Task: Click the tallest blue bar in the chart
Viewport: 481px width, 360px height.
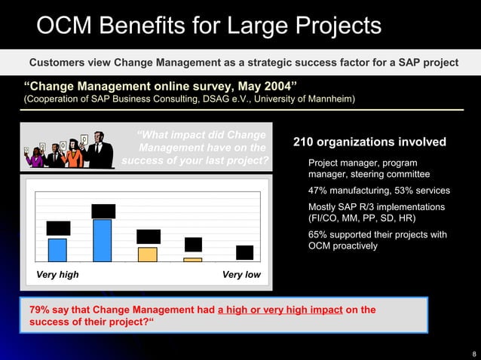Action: tap(102, 240)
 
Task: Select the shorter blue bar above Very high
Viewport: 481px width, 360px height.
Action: tap(57, 249)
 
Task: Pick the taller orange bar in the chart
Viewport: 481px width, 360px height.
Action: tap(148, 254)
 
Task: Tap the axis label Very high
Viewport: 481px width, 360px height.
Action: tap(57, 274)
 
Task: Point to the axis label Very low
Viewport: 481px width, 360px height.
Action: tap(241, 274)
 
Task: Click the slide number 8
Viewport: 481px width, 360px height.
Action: tap(473, 352)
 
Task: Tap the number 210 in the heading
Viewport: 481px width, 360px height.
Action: tap(305, 142)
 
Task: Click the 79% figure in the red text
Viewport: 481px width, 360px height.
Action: tap(41, 310)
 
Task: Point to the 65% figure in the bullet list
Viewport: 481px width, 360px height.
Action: tap(318, 235)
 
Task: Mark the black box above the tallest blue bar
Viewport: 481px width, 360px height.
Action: tap(103, 211)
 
